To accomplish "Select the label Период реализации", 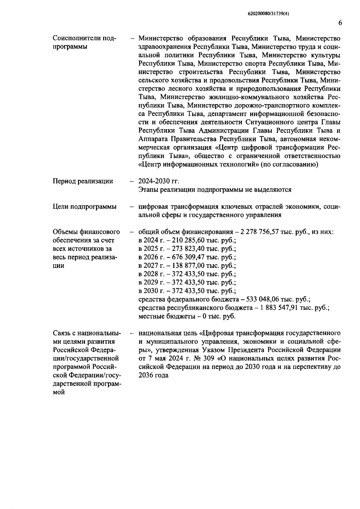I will [83, 181].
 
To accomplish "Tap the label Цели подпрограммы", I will [84, 207].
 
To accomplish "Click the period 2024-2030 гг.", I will [158, 181].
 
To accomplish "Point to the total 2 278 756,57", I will [258, 232].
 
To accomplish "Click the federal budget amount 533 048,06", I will [265, 299].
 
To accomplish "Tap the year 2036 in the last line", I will [145, 375].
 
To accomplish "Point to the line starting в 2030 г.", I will [187, 291].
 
